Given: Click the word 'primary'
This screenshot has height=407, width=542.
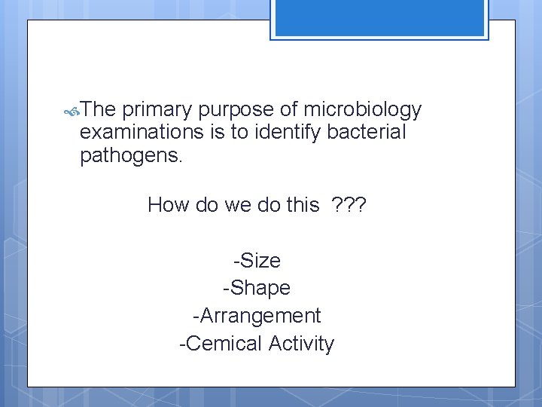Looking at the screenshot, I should tap(156, 111).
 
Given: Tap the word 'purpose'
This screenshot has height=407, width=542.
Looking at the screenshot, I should tap(237, 111).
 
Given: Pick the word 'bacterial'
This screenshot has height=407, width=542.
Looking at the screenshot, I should tap(372, 133).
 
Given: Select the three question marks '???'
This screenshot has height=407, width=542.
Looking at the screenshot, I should tap(349, 204).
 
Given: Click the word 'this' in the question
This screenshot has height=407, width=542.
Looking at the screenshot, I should tap(303, 204).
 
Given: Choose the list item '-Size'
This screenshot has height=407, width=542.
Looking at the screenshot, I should tap(257, 261).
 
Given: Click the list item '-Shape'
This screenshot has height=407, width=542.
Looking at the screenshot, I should tap(257, 288).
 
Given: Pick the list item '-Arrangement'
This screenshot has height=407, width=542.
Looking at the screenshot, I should tap(257, 315).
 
